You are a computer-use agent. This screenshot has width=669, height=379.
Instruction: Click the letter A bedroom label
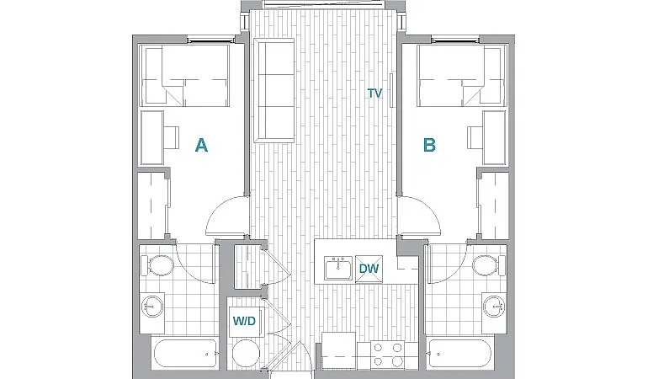click(201, 146)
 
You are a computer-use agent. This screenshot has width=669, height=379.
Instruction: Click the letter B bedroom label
click(429, 146)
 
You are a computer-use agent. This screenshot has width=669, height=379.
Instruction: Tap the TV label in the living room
click(374, 93)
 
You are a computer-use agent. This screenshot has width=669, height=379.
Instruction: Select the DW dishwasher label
click(368, 269)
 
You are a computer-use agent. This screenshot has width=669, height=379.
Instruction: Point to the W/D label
click(244, 321)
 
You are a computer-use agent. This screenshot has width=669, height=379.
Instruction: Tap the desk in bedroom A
click(152, 137)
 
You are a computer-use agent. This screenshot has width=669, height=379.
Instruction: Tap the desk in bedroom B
click(495, 137)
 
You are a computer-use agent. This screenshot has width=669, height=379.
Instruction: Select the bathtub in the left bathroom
click(185, 355)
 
